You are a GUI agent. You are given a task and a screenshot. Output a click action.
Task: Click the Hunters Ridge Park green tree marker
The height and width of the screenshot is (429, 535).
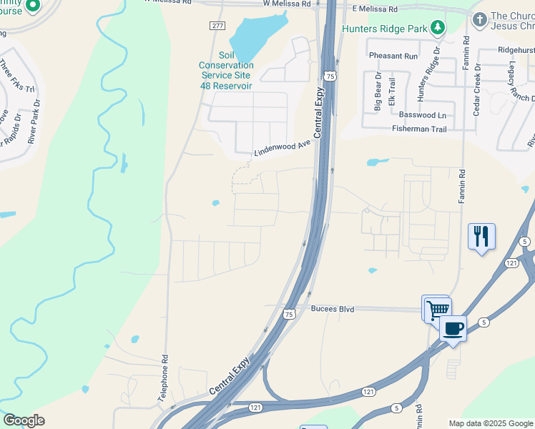coord(437,29)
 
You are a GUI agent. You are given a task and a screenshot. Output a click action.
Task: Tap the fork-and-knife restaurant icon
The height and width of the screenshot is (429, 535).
coord(481,236)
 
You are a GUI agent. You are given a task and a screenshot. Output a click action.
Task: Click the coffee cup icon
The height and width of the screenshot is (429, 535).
coord(453,329)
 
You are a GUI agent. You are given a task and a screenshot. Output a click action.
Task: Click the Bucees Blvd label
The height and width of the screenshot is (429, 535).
coord(333,309)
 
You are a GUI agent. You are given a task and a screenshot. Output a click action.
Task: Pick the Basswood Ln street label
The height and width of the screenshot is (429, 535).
coord(422,115)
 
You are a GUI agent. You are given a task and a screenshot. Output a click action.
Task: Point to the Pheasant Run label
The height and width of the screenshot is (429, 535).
coord(393,56)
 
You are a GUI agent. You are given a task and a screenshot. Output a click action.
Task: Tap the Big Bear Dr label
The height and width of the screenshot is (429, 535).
coord(378,92)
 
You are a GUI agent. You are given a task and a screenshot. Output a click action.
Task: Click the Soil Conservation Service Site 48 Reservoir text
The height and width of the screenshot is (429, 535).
coord(226,70)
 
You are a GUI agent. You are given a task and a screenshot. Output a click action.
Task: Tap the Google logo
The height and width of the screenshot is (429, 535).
coord(24,420)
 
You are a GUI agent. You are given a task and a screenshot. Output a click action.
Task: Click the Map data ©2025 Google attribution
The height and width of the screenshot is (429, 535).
coord(490,423)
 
